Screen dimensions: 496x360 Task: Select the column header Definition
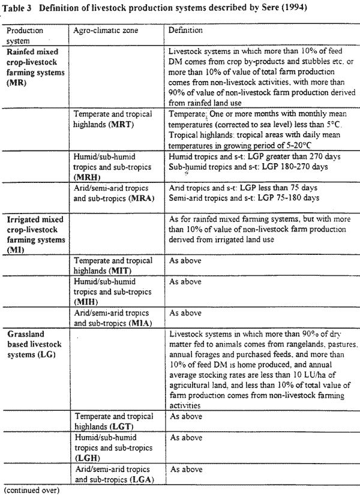click(x=185, y=30)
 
